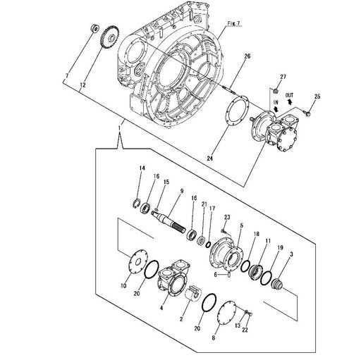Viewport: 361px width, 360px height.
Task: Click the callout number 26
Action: coord(247,56)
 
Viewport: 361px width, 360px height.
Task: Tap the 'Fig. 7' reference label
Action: coord(233,23)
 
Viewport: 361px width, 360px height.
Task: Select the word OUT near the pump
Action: coord(289,95)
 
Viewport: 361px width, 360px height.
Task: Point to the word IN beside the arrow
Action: coord(276,102)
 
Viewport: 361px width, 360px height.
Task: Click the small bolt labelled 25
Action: coord(307,113)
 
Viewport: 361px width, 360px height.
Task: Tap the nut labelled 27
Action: coord(276,90)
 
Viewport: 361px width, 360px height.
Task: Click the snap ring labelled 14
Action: coord(136,203)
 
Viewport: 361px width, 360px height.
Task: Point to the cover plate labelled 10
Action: coord(138,261)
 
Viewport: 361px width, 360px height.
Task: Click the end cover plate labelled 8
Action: coord(227,313)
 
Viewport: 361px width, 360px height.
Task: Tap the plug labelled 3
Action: coord(276,284)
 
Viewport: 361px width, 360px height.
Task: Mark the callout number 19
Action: coord(280,247)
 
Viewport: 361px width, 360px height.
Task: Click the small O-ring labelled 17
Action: coord(209,244)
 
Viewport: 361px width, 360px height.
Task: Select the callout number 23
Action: coord(227,217)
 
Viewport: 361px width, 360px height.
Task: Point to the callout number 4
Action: coord(161,308)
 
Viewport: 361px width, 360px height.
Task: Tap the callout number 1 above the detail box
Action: coord(120,128)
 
